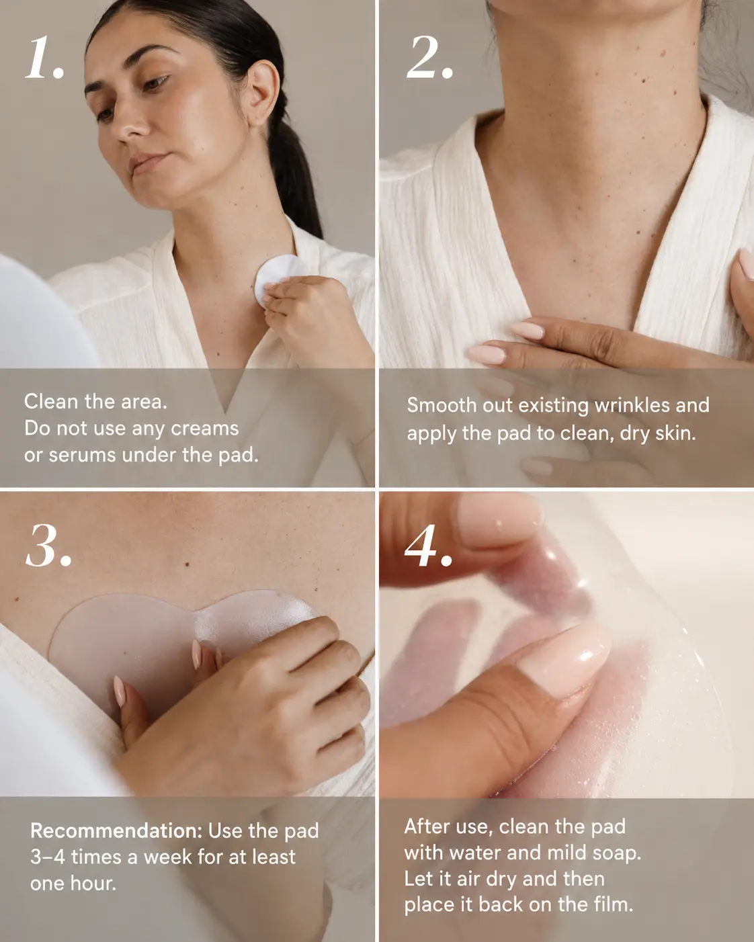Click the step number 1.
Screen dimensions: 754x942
click(x=46, y=58)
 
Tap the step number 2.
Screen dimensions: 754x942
click(x=429, y=58)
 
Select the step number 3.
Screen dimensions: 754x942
click(x=48, y=546)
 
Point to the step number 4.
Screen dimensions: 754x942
click(x=428, y=546)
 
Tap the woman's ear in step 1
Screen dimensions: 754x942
click(x=261, y=94)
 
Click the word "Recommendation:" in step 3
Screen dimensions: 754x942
click(x=116, y=830)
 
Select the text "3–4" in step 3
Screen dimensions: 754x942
click(x=48, y=857)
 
